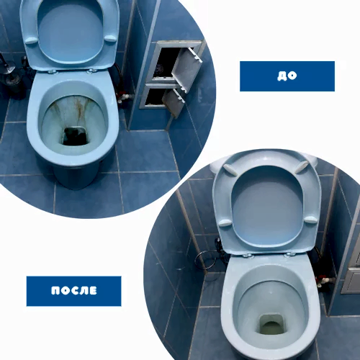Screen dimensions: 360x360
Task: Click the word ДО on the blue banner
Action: (287, 76)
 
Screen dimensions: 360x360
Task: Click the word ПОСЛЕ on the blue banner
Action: (74, 290)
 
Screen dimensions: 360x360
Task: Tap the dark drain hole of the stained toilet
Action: (75, 136)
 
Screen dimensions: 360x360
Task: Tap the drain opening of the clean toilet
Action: (272, 325)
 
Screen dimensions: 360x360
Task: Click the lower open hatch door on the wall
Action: (174, 102)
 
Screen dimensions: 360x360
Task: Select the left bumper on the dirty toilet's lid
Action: (32, 40)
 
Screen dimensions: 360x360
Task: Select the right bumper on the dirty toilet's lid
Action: (110, 38)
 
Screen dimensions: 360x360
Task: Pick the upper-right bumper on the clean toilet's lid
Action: (302, 167)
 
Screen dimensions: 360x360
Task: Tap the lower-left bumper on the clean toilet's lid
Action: (225, 222)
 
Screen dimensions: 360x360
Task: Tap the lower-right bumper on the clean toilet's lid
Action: (311, 219)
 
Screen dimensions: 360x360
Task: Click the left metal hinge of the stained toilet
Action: (53, 71)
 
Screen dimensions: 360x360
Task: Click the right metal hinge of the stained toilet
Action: (92, 71)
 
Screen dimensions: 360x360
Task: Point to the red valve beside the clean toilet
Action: (320, 280)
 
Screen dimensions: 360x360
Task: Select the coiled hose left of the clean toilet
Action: (205, 260)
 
